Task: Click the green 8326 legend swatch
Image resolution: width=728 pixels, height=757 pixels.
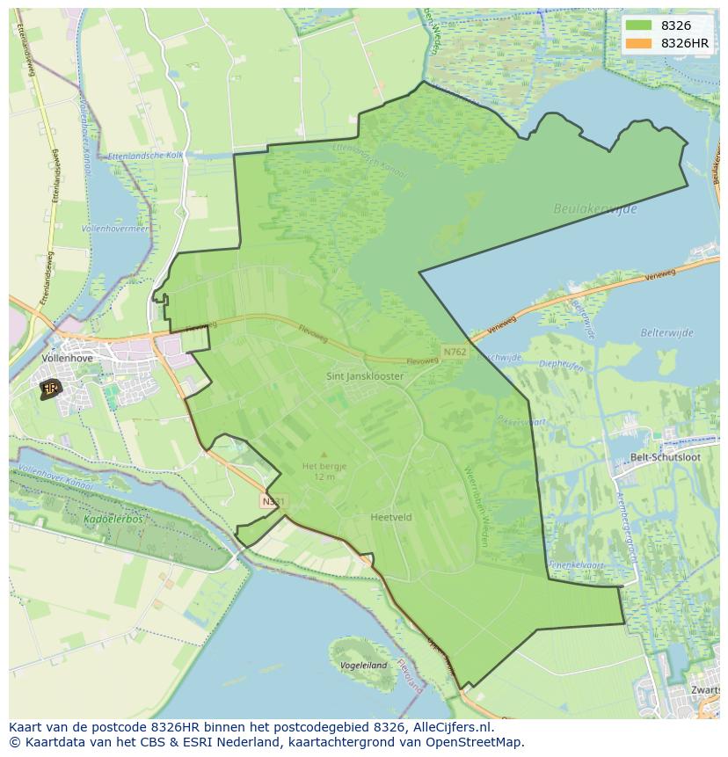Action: (638, 25)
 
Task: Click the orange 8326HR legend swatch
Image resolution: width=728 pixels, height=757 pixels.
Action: (638, 43)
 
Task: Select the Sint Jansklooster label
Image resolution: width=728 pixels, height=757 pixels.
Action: (365, 376)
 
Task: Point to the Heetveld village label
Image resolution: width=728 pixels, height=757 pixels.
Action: (391, 518)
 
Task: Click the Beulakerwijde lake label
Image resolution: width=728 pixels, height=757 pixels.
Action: (595, 209)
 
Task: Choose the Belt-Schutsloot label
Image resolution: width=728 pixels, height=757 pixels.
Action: (666, 457)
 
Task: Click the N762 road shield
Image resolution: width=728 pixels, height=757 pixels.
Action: (455, 352)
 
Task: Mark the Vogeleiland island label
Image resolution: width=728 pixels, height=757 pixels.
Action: (363, 666)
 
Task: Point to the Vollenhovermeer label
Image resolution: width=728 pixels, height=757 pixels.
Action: (115, 228)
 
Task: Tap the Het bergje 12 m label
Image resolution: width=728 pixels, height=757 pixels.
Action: (324, 471)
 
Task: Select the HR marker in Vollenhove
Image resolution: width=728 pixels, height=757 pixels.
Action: (50, 388)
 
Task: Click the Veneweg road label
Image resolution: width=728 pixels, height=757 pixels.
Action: (660, 275)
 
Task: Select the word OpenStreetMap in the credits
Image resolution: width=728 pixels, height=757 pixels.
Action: (475, 742)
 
